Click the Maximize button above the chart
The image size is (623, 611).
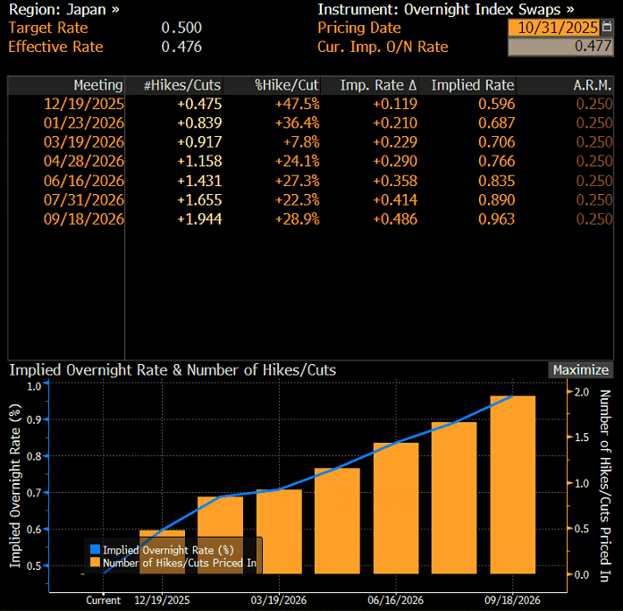[580, 369]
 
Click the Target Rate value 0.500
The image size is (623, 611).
[181, 28]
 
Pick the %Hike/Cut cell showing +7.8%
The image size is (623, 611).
[299, 142]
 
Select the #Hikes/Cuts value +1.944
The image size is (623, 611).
[199, 218]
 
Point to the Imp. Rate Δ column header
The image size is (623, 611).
[378, 85]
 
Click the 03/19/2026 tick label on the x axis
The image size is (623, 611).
[280, 601]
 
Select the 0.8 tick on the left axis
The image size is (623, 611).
[33, 455]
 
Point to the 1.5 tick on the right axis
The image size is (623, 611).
[582, 437]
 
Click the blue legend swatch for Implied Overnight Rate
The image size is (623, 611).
[95, 549]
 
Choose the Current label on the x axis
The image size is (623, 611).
[104, 601]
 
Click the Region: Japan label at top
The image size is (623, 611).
[63, 10]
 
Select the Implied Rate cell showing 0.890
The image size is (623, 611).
[496, 199]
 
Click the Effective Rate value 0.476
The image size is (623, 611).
[181, 47]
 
